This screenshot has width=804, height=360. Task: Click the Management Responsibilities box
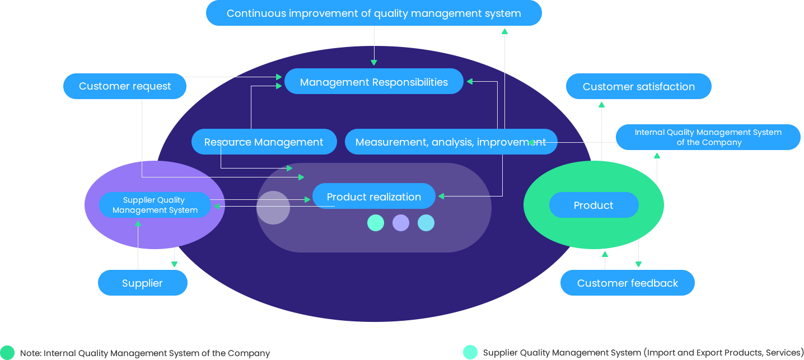point(374,82)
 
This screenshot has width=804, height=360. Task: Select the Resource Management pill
point(264,142)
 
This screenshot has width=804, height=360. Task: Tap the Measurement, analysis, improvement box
point(451,142)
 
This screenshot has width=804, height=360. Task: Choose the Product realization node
point(374,197)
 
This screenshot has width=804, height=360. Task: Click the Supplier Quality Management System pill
point(155,205)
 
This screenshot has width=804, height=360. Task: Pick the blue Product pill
point(593,205)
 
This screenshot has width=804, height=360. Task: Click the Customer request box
point(124,86)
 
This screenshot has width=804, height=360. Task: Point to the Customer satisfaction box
point(638,86)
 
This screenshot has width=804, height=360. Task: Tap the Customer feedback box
point(627,283)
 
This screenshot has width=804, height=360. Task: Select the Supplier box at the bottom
point(142,283)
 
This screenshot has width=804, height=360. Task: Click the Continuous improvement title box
point(373,13)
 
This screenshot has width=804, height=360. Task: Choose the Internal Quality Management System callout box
point(708,137)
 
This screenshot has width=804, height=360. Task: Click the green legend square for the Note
point(7,352)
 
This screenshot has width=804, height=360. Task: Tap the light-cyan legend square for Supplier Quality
point(470,352)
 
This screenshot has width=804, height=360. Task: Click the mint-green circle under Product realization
point(376,223)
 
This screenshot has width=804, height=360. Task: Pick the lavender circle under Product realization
point(401,223)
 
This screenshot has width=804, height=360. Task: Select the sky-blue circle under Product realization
point(426,223)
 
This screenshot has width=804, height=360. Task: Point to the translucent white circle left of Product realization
point(273,207)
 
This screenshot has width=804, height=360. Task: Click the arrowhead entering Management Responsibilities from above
point(374,63)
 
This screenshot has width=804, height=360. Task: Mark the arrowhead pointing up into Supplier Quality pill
point(138,223)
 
